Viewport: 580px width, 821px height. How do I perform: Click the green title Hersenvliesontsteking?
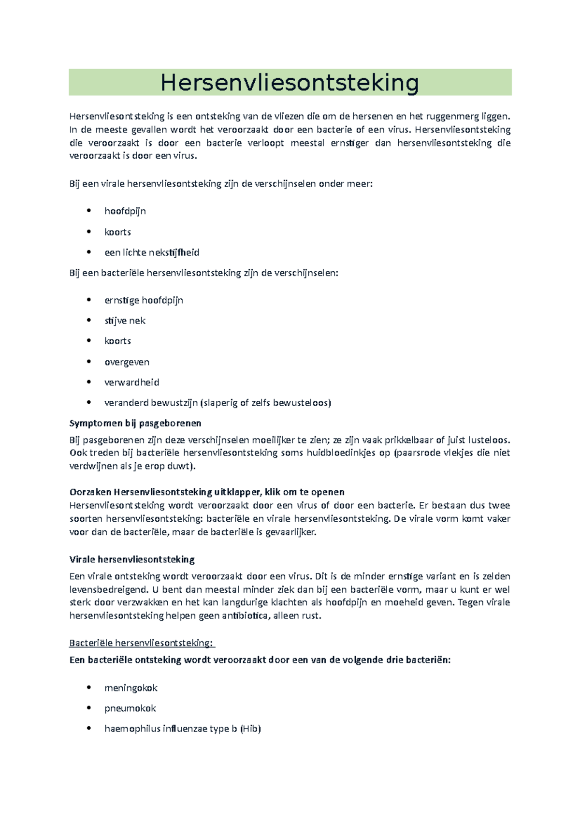tap(290, 83)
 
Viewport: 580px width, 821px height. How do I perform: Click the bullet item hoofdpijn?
tap(125, 211)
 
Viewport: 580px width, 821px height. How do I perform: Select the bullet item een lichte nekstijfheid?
tap(152, 252)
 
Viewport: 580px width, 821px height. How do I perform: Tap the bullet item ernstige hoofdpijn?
tap(144, 300)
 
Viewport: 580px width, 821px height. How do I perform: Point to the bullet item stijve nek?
tap(125, 321)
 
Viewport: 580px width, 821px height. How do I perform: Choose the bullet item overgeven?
tap(127, 362)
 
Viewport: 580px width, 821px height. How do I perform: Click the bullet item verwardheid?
tap(131, 382)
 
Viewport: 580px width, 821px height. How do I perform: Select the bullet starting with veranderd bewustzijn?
tap(217, 403)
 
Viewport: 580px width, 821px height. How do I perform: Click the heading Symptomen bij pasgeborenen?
tap(135, 424)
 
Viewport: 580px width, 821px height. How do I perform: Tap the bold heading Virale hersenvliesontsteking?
tap(132, 559)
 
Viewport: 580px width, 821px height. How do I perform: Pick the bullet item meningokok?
tap(130, 688)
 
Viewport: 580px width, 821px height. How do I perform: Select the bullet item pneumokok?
tap(130, 708)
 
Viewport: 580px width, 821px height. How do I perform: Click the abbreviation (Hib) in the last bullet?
tap(250, 729)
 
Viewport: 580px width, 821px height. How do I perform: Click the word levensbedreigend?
tap(108, 590)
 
